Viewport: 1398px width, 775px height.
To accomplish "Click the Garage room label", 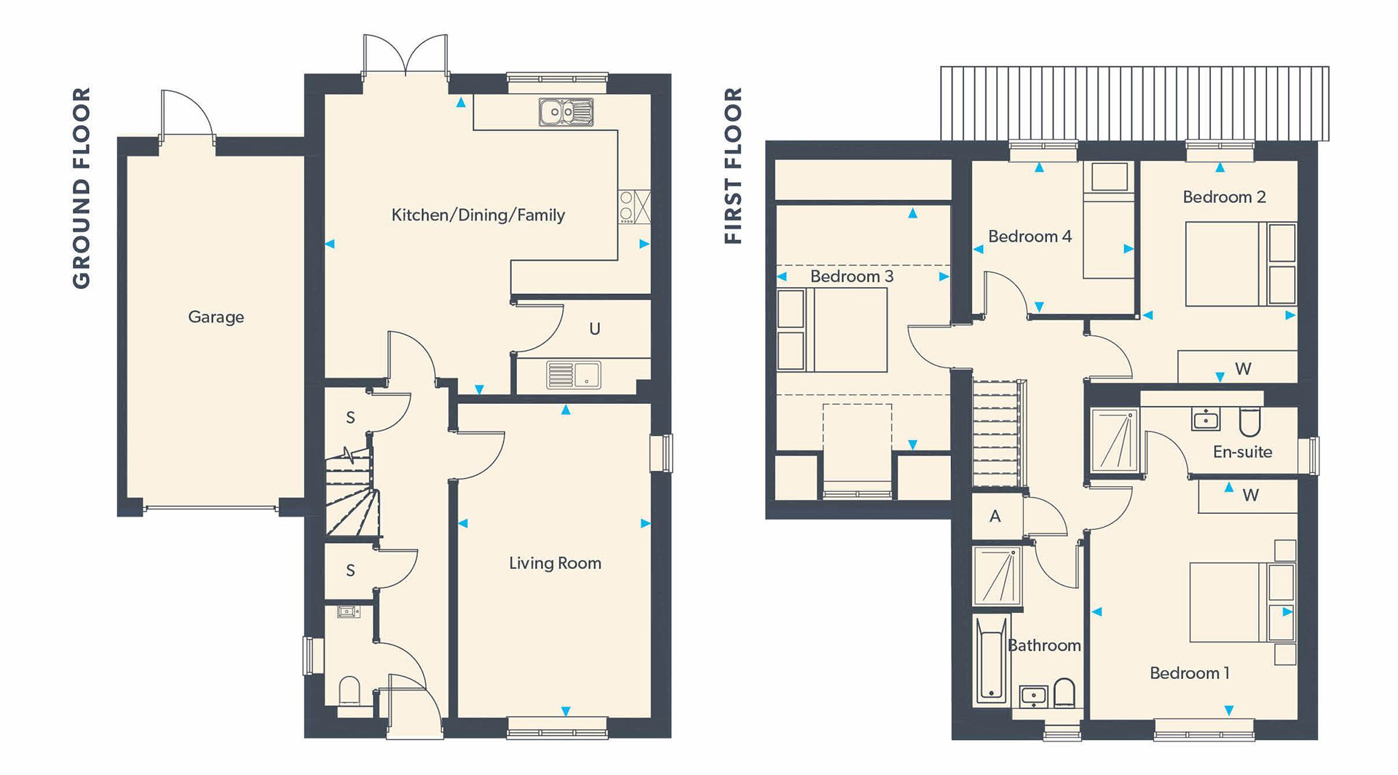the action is (216, 317).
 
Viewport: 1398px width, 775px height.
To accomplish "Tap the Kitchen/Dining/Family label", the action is (478, 215).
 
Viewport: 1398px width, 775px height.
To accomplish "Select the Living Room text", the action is (555, 563).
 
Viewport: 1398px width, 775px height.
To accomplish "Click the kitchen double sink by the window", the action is (566, 112).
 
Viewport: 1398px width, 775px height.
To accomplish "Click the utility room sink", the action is (574, 375).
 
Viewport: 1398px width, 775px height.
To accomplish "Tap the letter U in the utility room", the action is (595, 329).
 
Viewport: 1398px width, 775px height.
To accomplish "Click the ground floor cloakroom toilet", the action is (349, 691).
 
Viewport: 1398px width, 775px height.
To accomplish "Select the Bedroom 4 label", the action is (1030, 237).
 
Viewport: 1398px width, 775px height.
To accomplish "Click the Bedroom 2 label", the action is (1224, 197).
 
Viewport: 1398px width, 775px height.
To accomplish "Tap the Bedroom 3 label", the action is (851, 277).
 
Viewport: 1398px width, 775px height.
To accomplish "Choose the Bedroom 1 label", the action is (1189, 673).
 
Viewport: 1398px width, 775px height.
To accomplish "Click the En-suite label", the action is (1242, 452).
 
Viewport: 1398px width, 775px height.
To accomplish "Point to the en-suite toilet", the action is (1249, 421).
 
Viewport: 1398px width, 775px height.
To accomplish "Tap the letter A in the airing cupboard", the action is (995, 516).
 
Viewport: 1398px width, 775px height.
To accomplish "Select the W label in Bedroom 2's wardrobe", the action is (1243, 369).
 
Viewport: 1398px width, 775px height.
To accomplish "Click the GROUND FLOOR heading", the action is (82, 188).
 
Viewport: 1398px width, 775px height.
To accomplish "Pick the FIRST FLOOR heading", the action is (733, 166).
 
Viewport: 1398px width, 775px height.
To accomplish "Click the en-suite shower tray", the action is (1114, 440).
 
